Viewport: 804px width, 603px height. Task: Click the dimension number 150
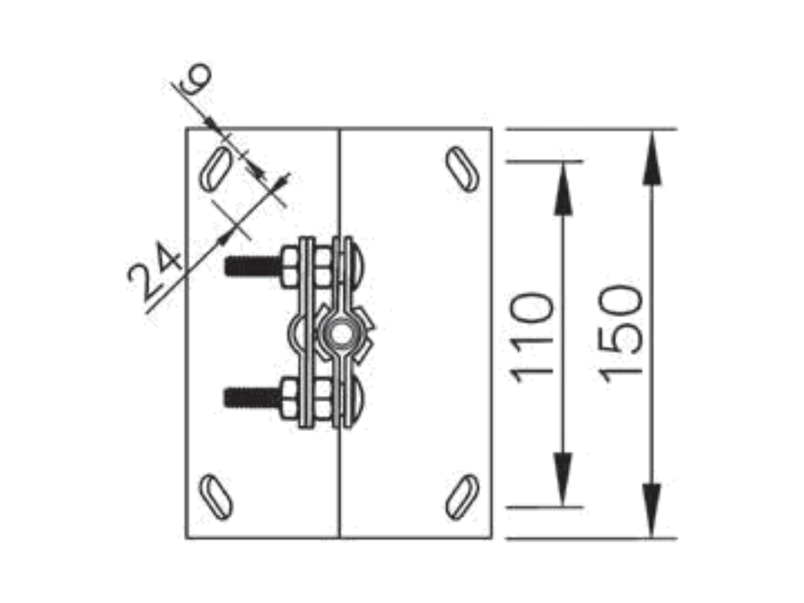tap(620, 333)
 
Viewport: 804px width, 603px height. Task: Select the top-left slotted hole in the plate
tap(216, 168)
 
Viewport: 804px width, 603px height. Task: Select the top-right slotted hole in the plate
tap(462, 169)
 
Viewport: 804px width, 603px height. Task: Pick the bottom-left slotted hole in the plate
tap(216, 496)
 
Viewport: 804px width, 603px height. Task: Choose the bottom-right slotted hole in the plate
tap(462, 496)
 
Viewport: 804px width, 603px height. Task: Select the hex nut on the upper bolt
tap(290, 267)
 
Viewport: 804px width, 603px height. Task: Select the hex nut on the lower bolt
tap(290, 398)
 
